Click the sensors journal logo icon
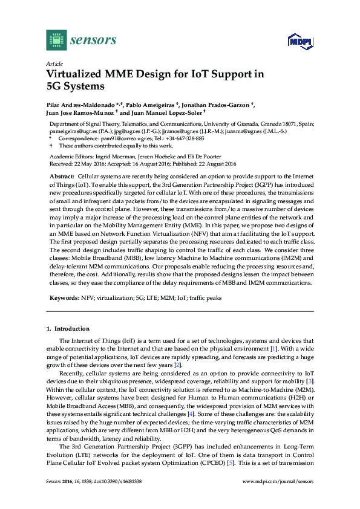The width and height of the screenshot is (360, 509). tap(56, 41)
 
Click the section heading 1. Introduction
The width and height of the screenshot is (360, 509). tap(68, 329)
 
